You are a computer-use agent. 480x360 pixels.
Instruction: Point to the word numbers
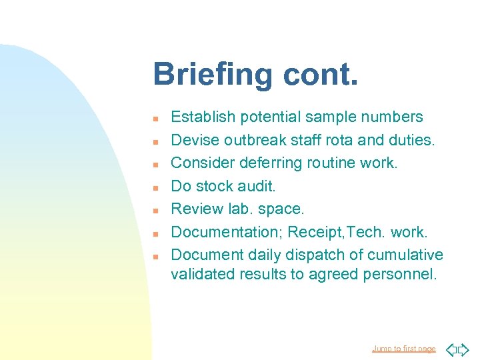391,117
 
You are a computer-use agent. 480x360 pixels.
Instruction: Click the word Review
195,209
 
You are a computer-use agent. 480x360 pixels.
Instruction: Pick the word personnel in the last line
400,275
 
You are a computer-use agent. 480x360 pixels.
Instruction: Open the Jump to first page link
404,349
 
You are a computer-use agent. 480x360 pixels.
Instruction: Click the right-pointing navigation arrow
463,349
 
